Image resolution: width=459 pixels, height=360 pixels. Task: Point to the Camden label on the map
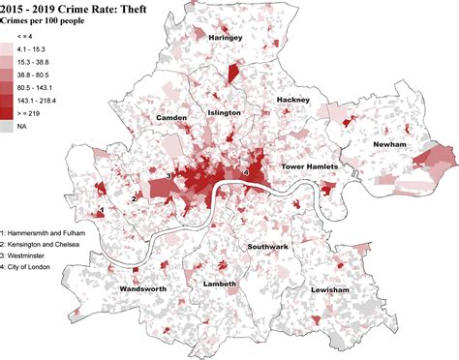171,117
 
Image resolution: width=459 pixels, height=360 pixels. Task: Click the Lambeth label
220,284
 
